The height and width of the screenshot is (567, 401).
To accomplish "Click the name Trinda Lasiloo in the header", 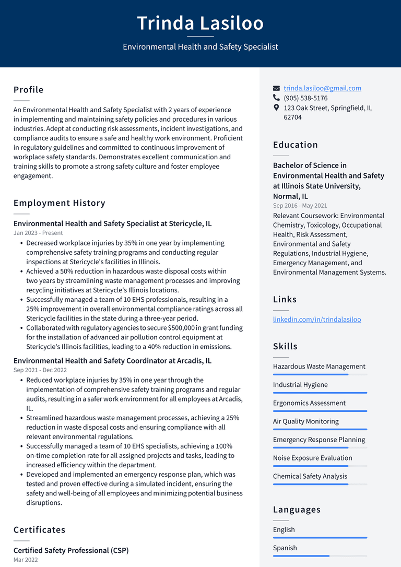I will [200, 23].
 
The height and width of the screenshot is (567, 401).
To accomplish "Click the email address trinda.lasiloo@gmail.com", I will [322, 88].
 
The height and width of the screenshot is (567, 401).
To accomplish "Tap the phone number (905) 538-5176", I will [305, 98].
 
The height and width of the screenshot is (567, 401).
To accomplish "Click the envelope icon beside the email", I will [277, 88].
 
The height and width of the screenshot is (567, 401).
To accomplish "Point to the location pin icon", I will [277, 108].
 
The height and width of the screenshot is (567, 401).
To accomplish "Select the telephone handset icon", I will [277, 98].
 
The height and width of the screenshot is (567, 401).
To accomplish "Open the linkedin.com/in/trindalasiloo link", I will [316, 319].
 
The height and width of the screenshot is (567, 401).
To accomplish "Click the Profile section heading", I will [29, 90].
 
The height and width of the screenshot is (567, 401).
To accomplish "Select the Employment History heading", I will [60, 203].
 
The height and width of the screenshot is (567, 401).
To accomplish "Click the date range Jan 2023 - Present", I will [38, 233].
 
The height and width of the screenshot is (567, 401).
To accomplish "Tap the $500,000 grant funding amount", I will [181, 328].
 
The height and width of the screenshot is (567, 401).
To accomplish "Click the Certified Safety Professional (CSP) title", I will [71, 550].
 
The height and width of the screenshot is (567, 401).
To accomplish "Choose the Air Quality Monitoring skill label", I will [305, 421].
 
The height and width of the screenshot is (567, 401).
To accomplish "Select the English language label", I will [284, 529].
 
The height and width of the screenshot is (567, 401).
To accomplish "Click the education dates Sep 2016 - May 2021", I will [300, 206].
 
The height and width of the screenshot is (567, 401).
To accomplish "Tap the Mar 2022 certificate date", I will [26, 560].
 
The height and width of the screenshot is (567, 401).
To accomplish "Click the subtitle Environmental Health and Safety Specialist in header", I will [200, 47].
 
